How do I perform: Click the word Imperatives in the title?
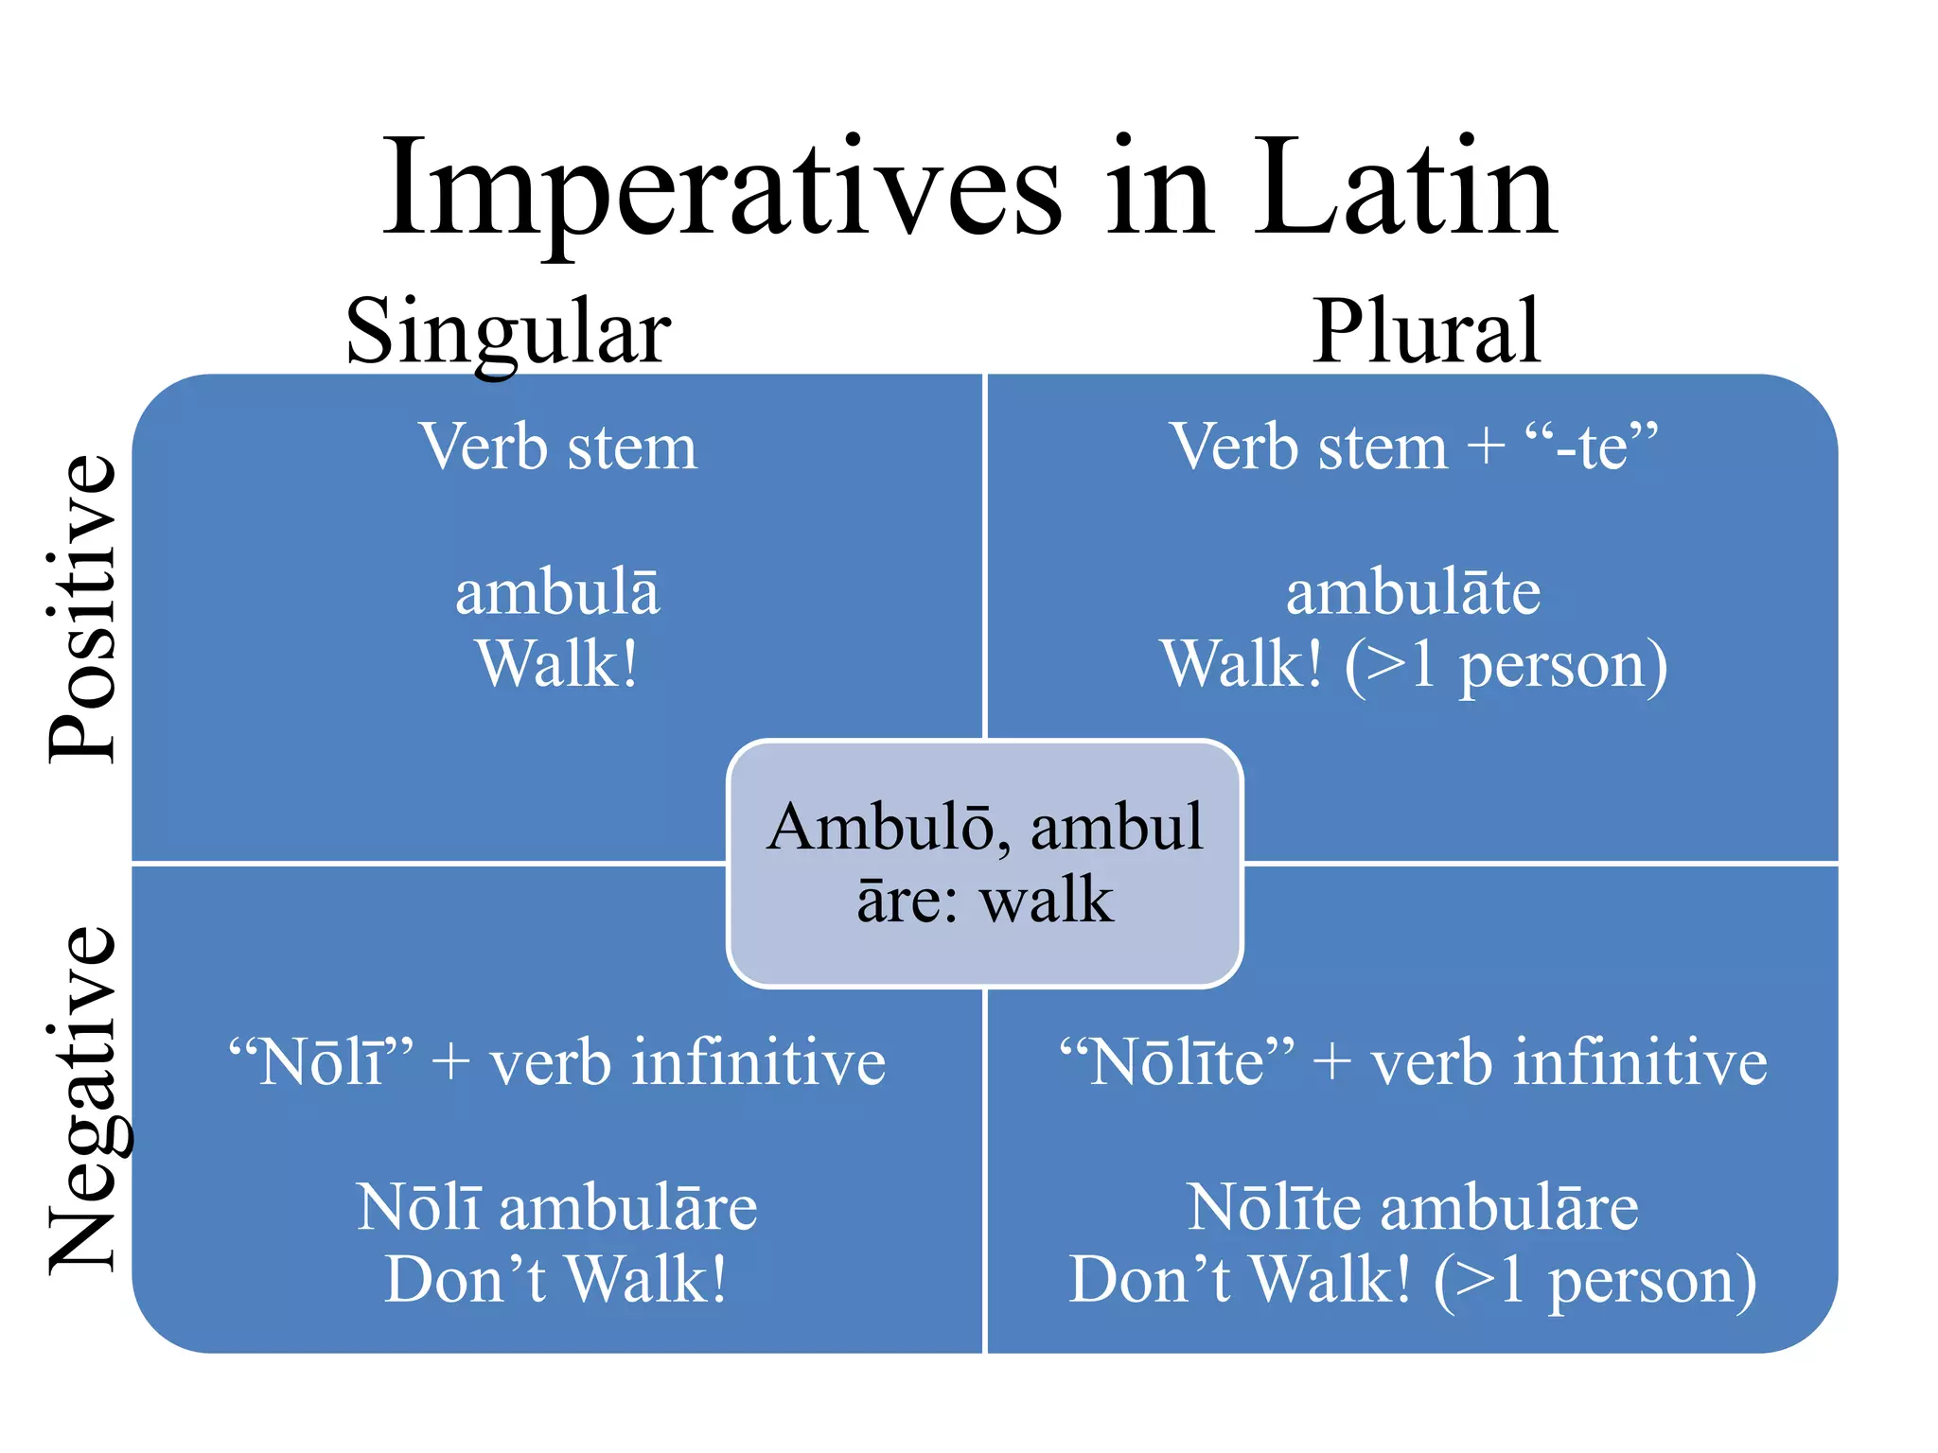[722, 189]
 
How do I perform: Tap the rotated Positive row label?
[83, 607]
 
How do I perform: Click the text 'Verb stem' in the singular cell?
[558, 446]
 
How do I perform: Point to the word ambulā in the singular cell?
[557, 593]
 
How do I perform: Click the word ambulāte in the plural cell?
[1413, 593]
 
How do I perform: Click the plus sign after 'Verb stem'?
[1486, 446]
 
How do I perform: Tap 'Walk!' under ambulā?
[557, 664]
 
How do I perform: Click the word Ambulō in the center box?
[880, 828]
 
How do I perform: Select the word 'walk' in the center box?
[1047, 900]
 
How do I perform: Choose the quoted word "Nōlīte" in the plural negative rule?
[1176, 1061]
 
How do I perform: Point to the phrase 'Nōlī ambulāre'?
[557, 1208]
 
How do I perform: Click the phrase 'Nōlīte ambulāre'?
[1413, 1208]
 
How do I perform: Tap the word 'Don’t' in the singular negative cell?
[466, 1279]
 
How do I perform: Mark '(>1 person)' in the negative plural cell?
[1595, 1281]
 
